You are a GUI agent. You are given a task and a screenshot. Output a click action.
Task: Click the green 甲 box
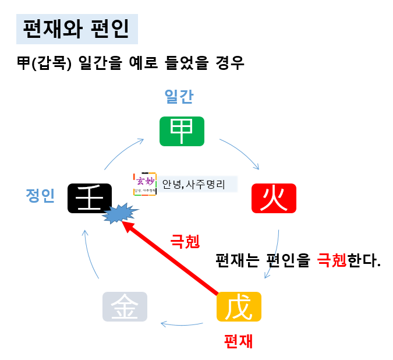click(182, 131)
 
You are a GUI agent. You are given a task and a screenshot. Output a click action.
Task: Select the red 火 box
click(274, 198)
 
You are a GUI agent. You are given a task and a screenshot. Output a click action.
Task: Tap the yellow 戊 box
click(239, 306)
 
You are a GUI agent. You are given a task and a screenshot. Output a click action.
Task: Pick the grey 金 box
click(125, 306)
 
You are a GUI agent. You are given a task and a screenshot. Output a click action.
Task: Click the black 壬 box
click(89, 198)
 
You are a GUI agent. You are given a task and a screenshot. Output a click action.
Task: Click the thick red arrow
click(175, 257)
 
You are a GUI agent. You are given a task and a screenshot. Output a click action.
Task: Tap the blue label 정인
click(40, 196)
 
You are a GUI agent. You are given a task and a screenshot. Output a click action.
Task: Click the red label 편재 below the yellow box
click(239, 341)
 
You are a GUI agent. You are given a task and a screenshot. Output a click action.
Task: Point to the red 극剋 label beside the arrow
click(184, 241)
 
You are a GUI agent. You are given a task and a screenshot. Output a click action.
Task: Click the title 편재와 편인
click(77, 29)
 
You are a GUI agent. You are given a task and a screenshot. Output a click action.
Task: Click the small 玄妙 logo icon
click(145, 185)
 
